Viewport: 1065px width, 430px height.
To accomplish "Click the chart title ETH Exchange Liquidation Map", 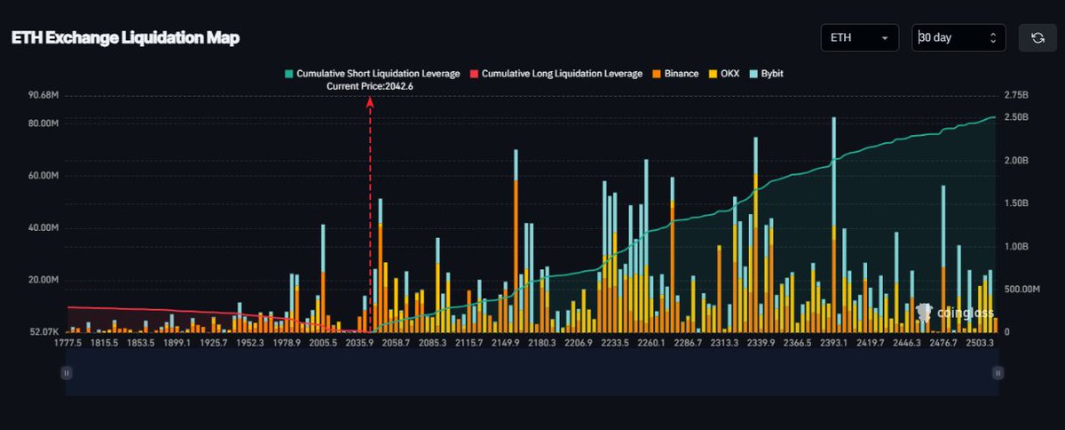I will [x=125, y=38].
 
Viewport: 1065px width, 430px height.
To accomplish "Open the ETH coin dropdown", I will [x=859, y=38].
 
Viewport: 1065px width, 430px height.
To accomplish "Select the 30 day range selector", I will [x=958, y=38].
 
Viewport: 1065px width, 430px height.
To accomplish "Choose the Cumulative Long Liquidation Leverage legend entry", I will [x=556, y=74].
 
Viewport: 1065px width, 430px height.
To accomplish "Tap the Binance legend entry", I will [x=674, y=74].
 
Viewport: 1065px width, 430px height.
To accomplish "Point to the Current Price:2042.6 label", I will [x=370, y=86].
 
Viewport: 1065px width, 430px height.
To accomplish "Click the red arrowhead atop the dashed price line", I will [x=370, y=102].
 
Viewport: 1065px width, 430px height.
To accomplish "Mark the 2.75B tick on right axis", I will [x=1015, y=95].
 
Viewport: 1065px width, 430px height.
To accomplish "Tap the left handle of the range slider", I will [x=66, y=374].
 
